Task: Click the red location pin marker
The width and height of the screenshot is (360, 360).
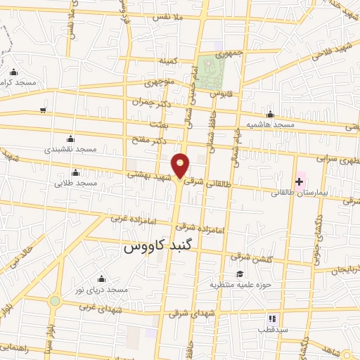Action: coord(181,166)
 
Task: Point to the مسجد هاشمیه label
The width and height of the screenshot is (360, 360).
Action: coord(269,124)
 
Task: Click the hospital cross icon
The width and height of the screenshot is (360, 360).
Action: coord(300,181)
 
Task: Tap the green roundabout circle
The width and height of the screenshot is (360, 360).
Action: coord(54,301)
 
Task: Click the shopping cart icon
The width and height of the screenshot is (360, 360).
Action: coord(44,110)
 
